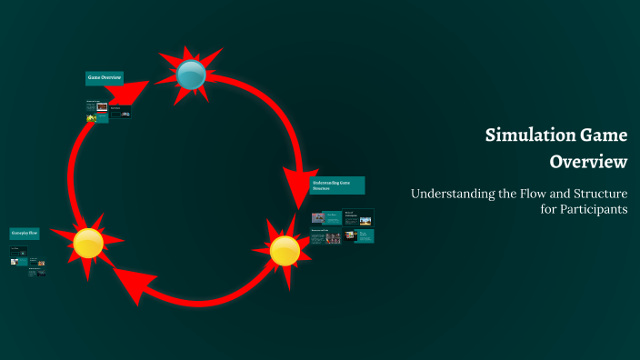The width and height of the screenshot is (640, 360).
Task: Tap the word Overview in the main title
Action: coord(588,163)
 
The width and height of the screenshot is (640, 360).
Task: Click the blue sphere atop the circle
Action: coord(192,75)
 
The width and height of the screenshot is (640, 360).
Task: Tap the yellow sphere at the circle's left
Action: coord(88,242)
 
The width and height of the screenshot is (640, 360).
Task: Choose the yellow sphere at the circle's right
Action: coord(285,250)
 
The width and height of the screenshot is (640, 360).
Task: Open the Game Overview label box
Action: coord(104,78)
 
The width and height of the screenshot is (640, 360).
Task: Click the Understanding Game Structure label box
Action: coord(336,185)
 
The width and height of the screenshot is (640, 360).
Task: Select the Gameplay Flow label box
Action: coord(25,234)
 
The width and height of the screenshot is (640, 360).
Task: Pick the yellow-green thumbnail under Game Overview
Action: coord(91,118)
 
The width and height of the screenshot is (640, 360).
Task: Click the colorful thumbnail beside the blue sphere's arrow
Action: coord(102,106)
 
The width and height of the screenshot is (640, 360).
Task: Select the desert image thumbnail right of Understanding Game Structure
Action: coord(365,220)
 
